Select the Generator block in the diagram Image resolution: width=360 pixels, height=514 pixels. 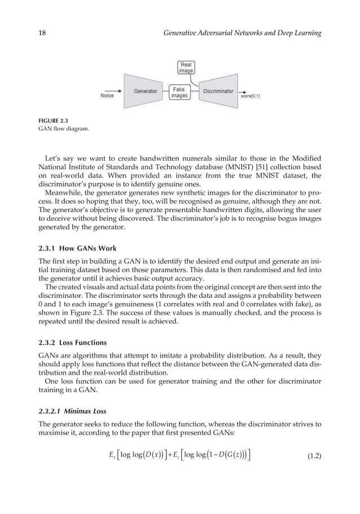pyautogui.click(x=146, y=90)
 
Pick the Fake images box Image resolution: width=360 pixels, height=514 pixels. pyautogui.click(x=179, y=92)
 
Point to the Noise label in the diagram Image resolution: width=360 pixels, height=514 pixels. pyautogui.click(x=107, y=95)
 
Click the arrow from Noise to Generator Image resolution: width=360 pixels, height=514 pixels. pyautogui.click(x=122, y=90)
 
